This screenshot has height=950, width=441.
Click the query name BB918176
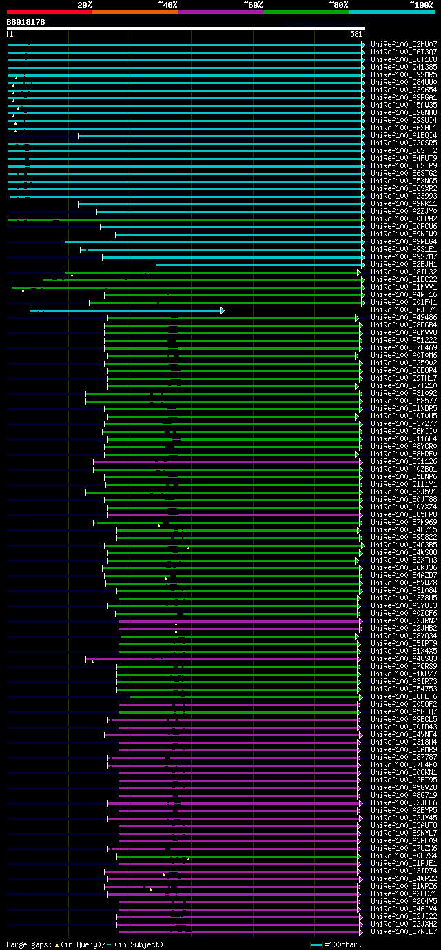pyautogui.click(x=26, y=22)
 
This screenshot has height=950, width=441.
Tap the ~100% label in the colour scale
pyautogui.click(x=421, y=4)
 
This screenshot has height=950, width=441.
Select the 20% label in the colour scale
pyautogui.click(x=85, y=4)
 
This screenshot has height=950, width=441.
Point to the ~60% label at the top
pyautogui.click(x=253, y=4)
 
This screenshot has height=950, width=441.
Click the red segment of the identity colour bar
pyautogui.click(x=49, y=12)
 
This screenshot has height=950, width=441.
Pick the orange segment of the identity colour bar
pyautogui.click(x=134, y=12)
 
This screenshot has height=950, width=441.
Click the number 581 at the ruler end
pyautogui.click(x=356, y=34)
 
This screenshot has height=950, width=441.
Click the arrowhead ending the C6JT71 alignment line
pyautogui.click(x=222, y=310)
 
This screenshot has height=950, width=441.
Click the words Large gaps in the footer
pyautogui.click(x=26, y=944)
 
